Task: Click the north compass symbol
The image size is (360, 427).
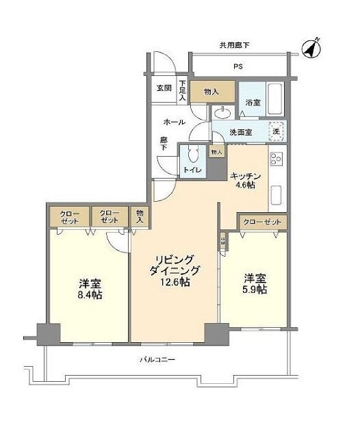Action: tap(312, 49)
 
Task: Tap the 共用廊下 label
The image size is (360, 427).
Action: tap(234, 45)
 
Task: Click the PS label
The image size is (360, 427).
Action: tap(237, 66)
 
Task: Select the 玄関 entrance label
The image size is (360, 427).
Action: tap(163, 88)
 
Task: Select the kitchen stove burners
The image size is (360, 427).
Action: tap(277, 161)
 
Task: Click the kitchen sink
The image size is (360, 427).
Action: tap(277, 195)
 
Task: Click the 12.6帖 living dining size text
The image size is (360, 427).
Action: tap(175, 283)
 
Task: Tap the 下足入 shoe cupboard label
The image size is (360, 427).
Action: tap(182, 90)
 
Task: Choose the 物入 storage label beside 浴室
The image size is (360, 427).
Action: tap(211, 91)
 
